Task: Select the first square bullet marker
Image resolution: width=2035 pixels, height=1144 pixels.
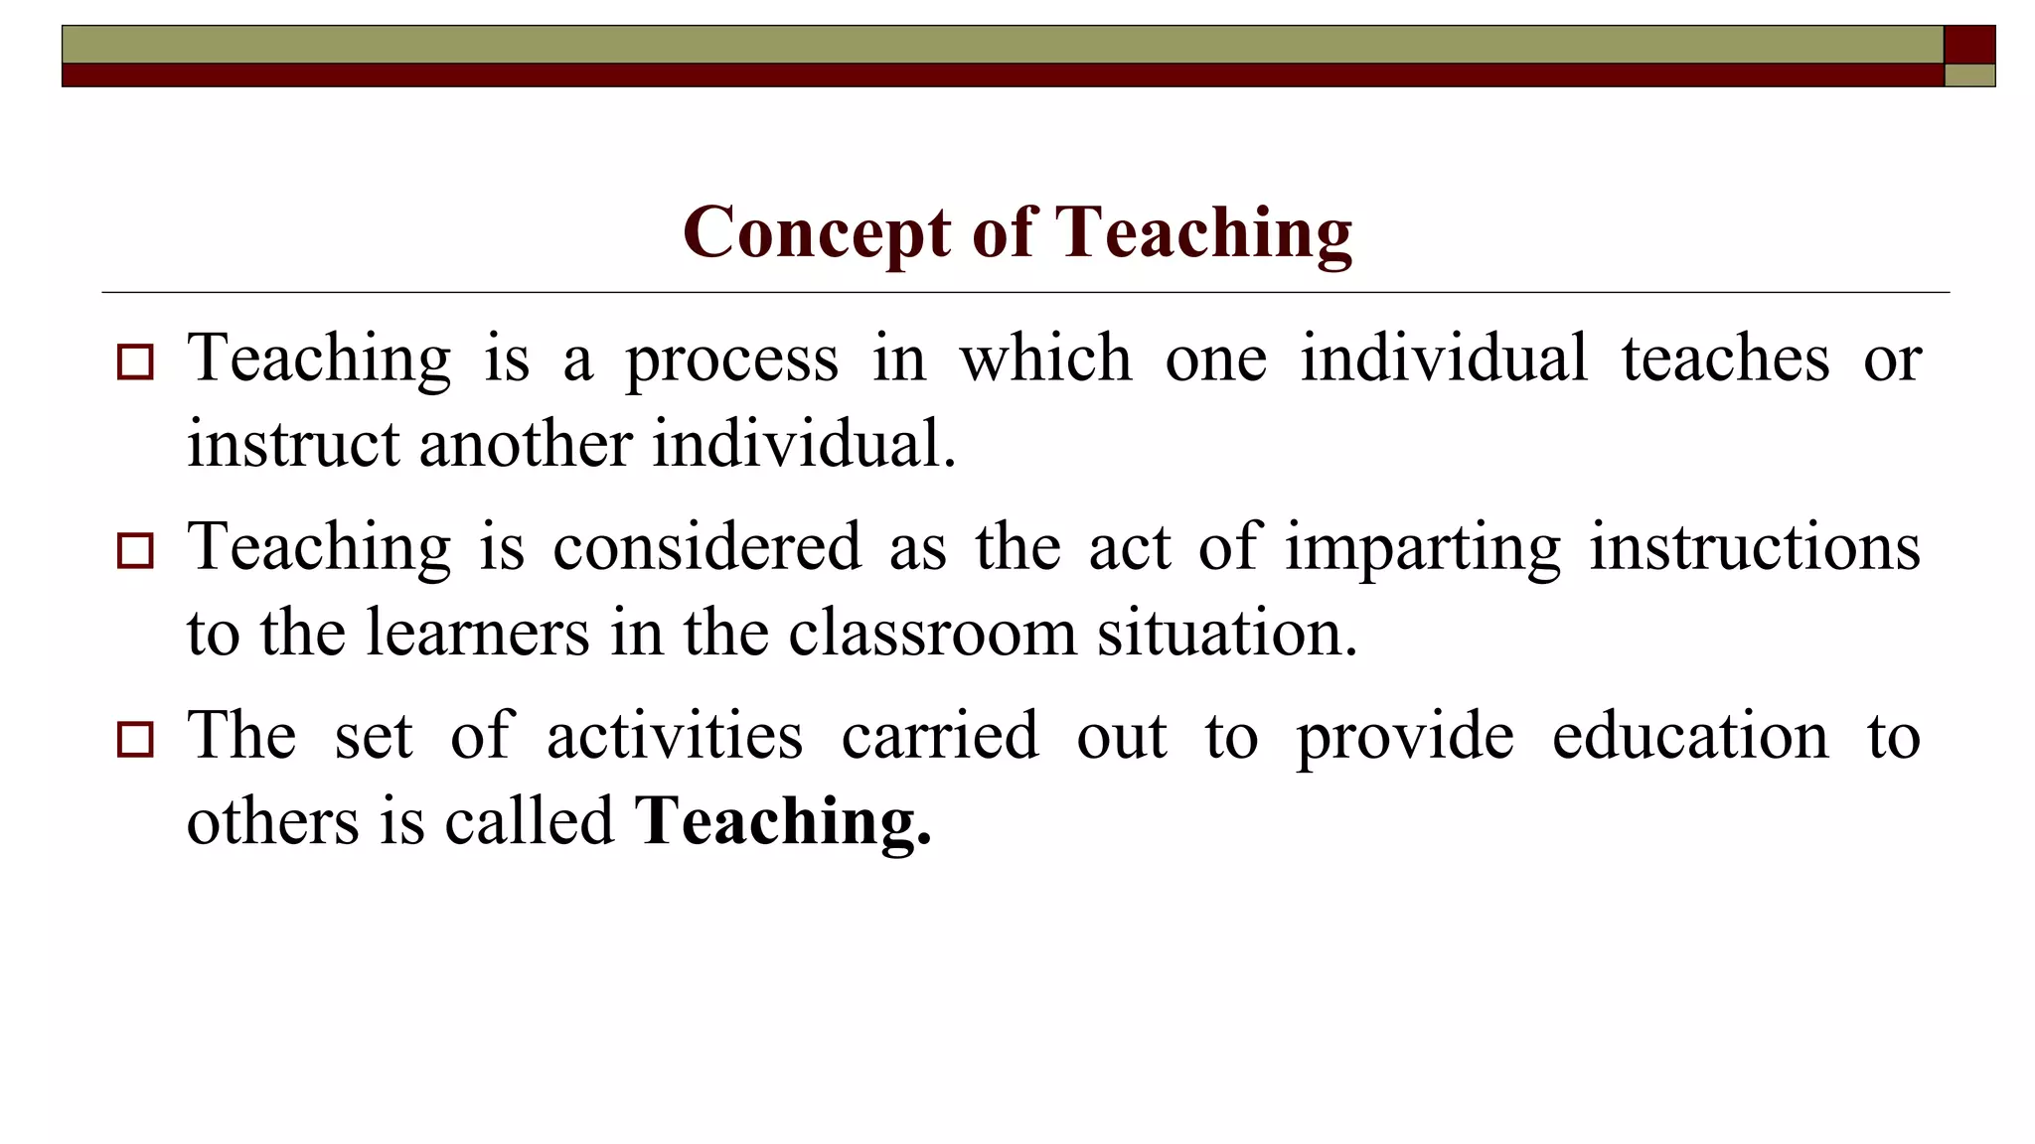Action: coord(135,361)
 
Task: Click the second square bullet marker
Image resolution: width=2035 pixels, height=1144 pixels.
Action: coord(135,550)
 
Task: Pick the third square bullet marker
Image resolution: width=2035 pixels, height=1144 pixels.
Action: coord(135,739)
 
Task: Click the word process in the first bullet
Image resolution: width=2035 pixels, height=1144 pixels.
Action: coord(731,359)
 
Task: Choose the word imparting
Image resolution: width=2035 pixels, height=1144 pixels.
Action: coord(1423,548)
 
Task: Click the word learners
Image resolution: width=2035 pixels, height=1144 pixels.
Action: coord(477,633)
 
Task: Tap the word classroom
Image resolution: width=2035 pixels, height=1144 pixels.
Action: coord(932,633)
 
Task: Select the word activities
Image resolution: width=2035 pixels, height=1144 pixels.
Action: coord(675,736)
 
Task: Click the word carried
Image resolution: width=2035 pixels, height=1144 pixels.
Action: coord(940,736)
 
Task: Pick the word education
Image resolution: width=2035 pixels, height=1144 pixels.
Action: coord(1690,736)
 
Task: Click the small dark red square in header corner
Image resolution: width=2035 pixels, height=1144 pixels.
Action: coord(1969,45)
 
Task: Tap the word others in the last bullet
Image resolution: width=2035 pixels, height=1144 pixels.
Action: coord(272,821)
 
